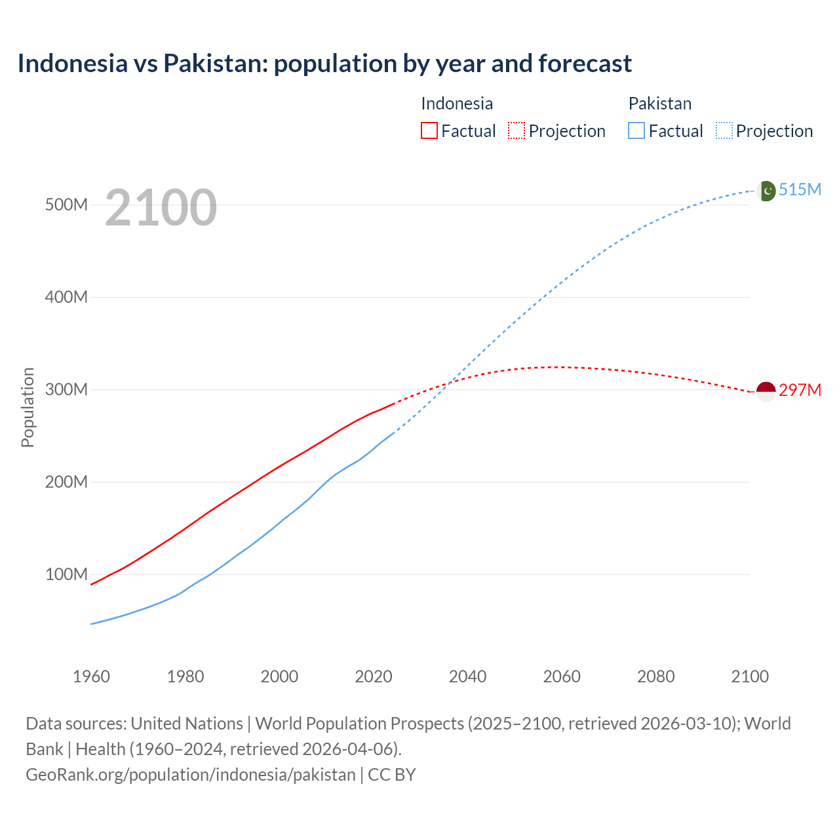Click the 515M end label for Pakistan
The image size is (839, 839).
[x=800, y=189]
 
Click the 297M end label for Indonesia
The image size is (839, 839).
[x=800, y=390]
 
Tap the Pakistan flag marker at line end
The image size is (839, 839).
[x=766, y=191]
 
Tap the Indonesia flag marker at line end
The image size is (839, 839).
[x=766, y=391]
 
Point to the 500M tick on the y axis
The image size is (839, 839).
[x=66, y=205]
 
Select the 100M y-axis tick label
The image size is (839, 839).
[x=66, y=574]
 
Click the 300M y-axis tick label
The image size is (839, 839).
[x=66, y=389]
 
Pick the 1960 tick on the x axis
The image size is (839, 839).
[x=91, y=676]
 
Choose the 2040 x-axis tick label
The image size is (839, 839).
[x=467, y=676]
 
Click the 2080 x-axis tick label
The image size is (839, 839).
[x=655, y=676]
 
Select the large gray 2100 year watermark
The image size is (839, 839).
[x=161, y=208]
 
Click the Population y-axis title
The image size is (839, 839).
[x=28, y=407]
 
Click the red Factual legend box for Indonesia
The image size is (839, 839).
[x=429, y=130]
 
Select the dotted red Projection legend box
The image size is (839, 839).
[x=517, y=130]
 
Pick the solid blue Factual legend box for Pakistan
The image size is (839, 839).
[x=636, y=130]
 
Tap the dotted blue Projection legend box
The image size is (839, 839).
[x=724, y=130]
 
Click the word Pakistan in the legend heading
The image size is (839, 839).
[x=659, y=104]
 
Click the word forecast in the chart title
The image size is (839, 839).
[x=585, y=64]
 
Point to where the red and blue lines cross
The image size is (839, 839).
[x=449, y=382]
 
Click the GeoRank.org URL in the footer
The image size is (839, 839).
[x=190, y=774]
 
